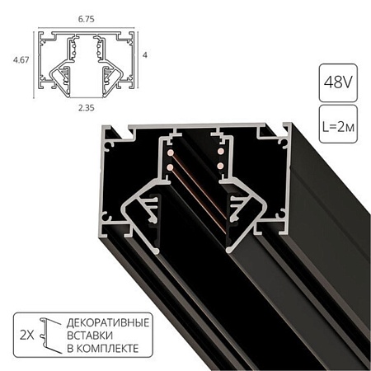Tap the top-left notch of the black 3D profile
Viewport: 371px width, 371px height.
[124, 132]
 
